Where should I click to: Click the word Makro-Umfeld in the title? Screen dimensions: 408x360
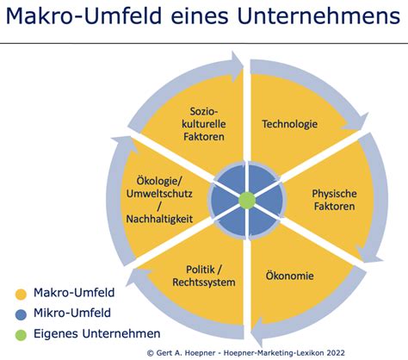83,16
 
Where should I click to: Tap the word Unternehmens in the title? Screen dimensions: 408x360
318,16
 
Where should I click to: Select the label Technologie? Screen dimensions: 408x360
290,124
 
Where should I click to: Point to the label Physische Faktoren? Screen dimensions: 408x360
334,200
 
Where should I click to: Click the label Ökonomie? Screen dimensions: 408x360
289,276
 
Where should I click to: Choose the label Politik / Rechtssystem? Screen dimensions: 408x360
204,276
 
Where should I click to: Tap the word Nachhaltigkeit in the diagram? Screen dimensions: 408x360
159,219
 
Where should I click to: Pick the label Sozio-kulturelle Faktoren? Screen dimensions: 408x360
204,124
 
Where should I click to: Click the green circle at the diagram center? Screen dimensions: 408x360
247,200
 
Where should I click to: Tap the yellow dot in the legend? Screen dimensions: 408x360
21,295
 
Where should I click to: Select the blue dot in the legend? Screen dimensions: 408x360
21,314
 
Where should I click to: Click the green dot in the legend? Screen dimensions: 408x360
21,335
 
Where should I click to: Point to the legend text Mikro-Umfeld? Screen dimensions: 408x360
72,313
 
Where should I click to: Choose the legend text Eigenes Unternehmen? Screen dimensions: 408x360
97,333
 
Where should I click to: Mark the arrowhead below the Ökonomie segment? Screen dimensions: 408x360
257,331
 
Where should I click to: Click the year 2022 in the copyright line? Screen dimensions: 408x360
335,353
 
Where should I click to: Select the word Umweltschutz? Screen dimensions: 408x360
159,194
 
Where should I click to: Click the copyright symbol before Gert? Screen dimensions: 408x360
150,353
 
